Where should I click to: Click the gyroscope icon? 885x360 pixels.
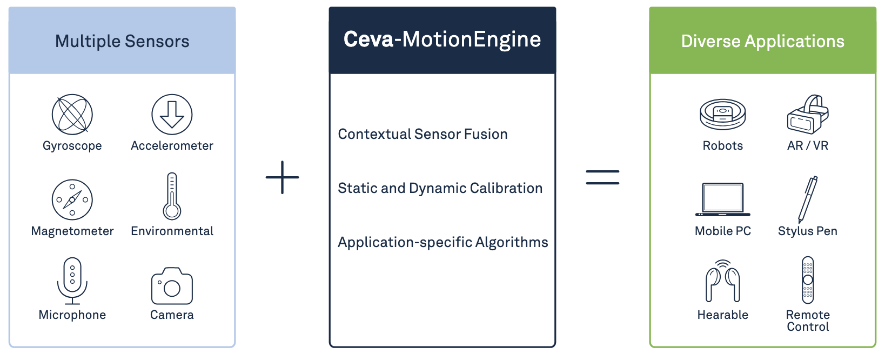pos(72,115)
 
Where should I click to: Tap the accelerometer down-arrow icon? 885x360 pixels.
pos(172,115)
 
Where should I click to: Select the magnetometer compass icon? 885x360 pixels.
pos(72,200)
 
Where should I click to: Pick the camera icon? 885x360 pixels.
pos(172,286)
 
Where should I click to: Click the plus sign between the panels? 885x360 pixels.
pos(283,177)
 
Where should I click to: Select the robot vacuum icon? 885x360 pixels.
pos(723,115)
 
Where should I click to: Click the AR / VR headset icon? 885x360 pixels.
pos(808,115)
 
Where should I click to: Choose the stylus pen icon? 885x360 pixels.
pos(808,199)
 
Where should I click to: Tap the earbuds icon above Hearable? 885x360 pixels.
pos(723,281)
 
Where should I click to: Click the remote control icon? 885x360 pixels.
pos(808,280)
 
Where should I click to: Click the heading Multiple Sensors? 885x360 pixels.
pos(122,41)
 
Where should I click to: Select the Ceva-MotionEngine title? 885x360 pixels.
pos(442,39)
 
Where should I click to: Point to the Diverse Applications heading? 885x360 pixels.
pos(762,41)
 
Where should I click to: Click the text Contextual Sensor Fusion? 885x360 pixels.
pos(423,134)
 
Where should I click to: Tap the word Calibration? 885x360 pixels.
pos(506,188)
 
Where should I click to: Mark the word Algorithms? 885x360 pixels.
pos(512,243)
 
